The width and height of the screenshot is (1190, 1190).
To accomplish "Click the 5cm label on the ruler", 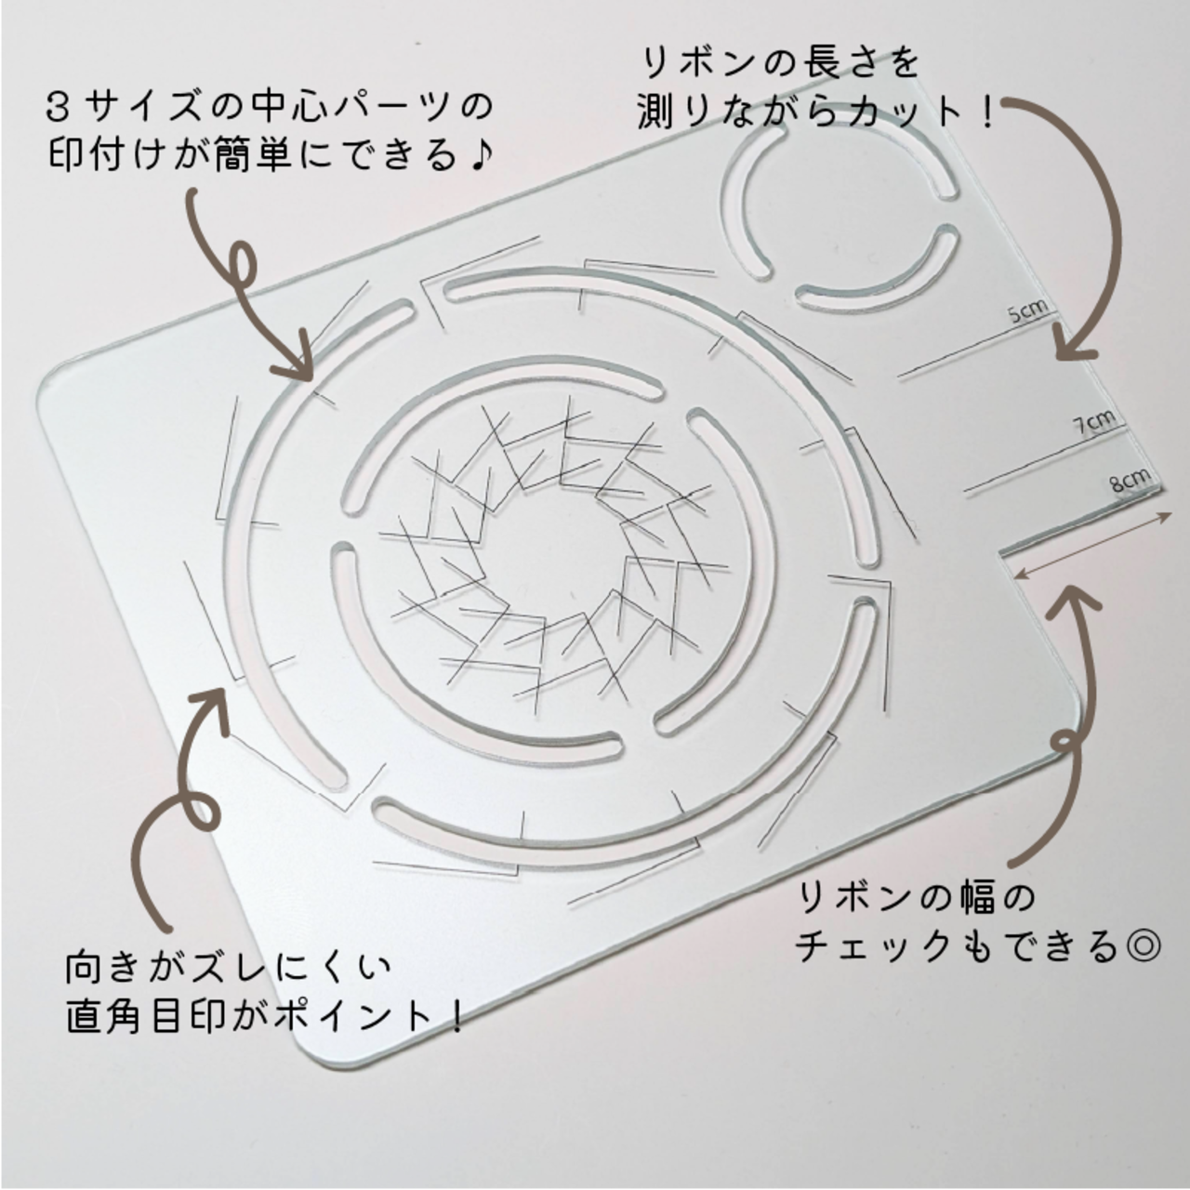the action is click(x=1027, y=311).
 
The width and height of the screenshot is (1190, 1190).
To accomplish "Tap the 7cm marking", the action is click(x=1094, y=422).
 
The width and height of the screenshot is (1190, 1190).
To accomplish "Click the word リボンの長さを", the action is click(x=779, y=63).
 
